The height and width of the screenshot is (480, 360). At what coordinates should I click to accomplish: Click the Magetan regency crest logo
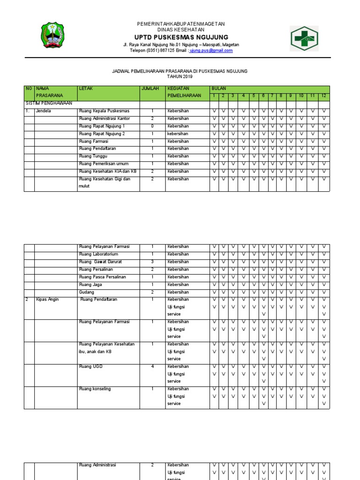(53, 36)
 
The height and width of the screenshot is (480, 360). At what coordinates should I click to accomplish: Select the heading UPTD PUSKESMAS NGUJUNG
(181, 37)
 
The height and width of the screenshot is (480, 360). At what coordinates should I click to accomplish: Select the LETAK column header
(86, 88)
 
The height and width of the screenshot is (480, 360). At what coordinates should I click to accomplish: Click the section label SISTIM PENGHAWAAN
(48, 103)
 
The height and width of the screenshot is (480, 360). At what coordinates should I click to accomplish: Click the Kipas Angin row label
(47, 300)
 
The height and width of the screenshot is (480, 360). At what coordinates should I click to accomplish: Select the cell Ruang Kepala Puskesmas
(104, 111)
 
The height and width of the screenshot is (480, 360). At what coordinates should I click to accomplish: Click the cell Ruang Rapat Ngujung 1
(102, 126)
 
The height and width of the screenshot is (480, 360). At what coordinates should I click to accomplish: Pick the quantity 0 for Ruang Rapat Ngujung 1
(152, 126)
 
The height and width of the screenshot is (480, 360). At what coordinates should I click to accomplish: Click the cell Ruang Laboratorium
(102, 254)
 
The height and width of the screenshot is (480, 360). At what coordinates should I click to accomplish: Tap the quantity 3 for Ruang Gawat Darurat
(152, 262)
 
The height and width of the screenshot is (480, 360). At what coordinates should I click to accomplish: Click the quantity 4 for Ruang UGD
(152, 367)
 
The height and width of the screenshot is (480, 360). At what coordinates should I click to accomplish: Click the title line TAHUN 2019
(180, 76)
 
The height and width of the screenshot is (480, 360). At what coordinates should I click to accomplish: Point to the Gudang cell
(87, 292)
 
